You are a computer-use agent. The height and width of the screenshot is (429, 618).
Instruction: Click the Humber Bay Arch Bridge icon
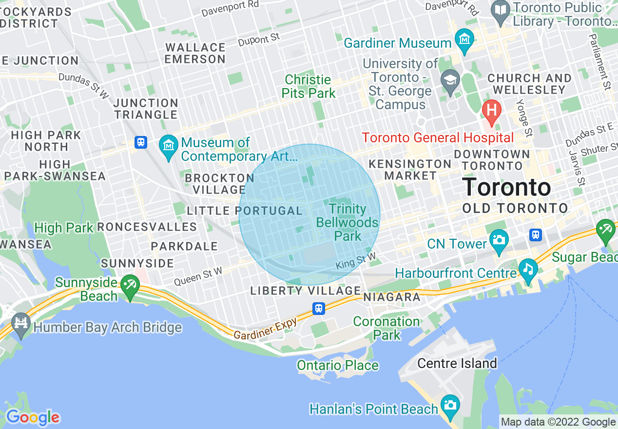[x=21, y=323]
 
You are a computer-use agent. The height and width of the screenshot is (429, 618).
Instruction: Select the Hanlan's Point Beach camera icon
[x=449, y=405]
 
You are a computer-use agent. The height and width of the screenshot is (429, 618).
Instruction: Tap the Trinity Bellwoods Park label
[x=347, y=223]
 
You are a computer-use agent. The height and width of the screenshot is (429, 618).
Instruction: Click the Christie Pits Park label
[x=309, y=86]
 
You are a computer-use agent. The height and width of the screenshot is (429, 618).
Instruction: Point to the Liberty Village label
[x=305, y=291]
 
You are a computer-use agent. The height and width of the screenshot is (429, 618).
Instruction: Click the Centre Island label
[x=457, y=363]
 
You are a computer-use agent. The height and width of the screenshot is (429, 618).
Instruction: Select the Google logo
[x=32, y=417]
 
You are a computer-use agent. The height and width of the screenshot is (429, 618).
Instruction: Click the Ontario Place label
[x=337, y=365]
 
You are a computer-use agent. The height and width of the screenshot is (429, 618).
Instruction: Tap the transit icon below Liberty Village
[x=319, y=308]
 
